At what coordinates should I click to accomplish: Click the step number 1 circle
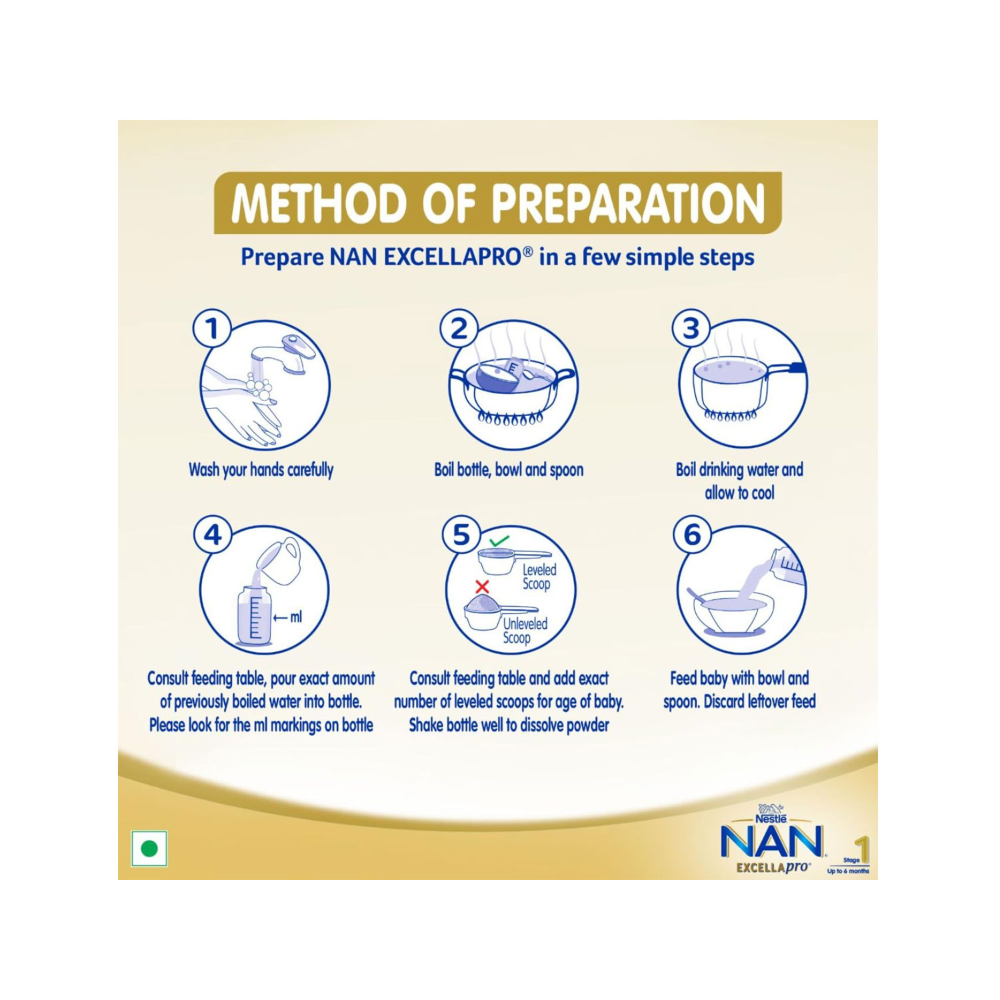pos(212,329)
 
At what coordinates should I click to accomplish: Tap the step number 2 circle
pos(459,329)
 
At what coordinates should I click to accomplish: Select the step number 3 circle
pos(691,329)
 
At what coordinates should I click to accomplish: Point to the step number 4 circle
pos(212,535)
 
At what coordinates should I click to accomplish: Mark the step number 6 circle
pos(693,535)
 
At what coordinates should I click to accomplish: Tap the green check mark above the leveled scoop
pos(498,541)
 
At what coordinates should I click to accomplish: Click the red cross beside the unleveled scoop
pos(482,587)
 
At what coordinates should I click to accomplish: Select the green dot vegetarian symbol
pos(149,849)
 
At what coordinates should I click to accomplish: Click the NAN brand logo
pos(771,843)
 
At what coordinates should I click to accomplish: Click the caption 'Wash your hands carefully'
pos(261,470)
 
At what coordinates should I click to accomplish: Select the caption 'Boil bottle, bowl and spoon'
pos(509,469)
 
